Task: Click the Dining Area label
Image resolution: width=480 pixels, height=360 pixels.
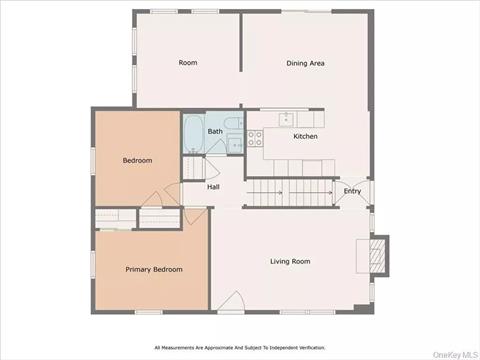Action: (x=305, y=63)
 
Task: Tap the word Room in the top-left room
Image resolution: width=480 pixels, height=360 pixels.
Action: (x=188, y=62)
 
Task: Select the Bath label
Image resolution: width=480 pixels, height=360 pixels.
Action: (x=215, y=131)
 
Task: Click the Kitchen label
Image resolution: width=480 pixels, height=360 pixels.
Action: (x=305, y=136)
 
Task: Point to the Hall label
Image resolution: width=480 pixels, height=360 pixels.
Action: (x=213, y=187)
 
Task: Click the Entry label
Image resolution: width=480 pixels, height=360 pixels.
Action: (x=352, y=191)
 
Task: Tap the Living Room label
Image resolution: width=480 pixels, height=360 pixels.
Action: (x=290, y=261)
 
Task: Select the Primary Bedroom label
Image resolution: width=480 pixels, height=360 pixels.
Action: (x=154, y=269)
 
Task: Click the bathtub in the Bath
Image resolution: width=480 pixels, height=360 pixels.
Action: (x=193, y=133)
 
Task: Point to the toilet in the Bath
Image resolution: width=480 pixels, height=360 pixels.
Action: (x=234, y=123)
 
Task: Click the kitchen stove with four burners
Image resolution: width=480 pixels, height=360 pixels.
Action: (x=255, y=139)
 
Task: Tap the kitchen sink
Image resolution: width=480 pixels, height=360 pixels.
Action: (x=286, y=119)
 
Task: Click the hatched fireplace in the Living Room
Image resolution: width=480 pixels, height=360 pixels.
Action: (x=378, y=256)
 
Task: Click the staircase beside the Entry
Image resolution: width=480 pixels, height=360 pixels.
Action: (x=289, y=193)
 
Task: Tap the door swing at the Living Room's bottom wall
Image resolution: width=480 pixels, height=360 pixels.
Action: (x=232, y=301)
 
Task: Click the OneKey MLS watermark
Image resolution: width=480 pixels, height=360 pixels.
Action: (x=455, y=355)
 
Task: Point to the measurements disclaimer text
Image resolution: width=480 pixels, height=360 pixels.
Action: (x=240, y=348)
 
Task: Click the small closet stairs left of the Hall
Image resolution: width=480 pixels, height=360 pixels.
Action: (x=194, y=168)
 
